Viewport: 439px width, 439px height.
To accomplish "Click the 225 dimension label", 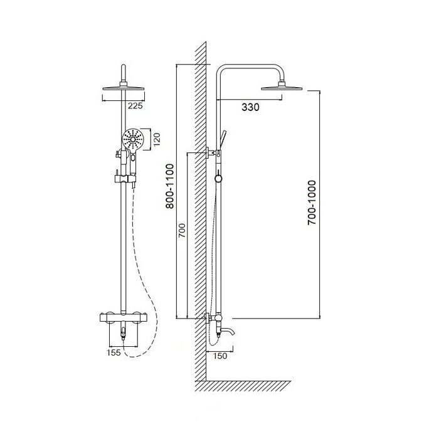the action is (x=135, y=106).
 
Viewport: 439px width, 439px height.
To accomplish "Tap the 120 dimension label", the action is (x=156, y=139).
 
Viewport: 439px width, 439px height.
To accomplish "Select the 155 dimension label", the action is (x=114, y=352).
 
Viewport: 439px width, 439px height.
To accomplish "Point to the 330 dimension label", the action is (x=250, y=107).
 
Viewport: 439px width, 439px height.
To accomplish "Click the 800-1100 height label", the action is (x=170, y=186).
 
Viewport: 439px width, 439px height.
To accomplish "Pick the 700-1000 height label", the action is (x=311, y=203).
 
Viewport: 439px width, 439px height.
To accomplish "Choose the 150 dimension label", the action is (x=220, y=356).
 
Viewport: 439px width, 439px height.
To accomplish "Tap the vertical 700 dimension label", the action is (x=182, y=231).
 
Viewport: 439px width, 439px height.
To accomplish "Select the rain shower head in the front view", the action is (x=124, y=88).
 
